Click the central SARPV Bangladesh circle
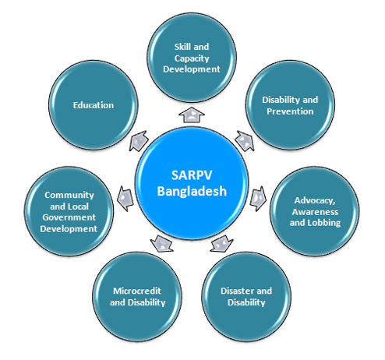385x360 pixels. pos(192,183)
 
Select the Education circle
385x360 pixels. pos(94,105)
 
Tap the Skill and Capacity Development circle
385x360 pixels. pos(192,58)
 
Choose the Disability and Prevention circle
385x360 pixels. pos(290,105)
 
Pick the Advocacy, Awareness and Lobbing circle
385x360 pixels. pos(315,211)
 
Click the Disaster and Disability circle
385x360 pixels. pos(246,296)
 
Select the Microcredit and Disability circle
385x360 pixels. pos(137,296)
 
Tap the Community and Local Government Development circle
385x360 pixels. pos(69,211)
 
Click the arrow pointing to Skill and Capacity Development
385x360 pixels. pos(192,115)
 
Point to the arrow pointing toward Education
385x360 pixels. pos(139,141)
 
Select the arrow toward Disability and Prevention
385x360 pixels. pos(245,141)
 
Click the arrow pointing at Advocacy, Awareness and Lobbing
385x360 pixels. pos(258,199)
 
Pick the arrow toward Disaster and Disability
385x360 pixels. pos(221,244)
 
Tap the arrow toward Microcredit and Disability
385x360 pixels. pos(162,244)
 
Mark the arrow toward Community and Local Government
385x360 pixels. pos(125,199)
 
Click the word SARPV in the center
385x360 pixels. pos(192,175)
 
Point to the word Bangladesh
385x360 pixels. pos(192,191)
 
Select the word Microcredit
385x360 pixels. pos(137,291)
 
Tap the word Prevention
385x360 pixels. pos(290,111)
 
